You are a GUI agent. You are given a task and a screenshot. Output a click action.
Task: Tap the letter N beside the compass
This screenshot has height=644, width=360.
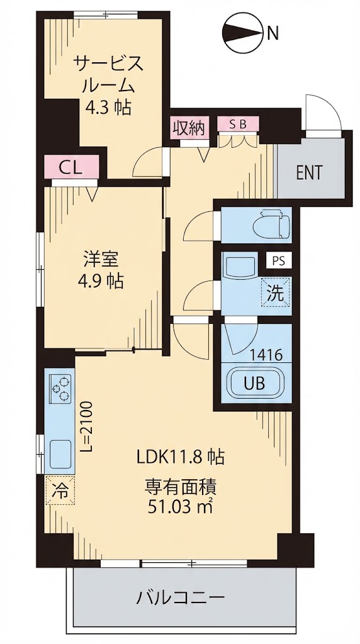pos(273,33)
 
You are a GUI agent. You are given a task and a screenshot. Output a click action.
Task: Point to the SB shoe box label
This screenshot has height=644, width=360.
pos(237,125)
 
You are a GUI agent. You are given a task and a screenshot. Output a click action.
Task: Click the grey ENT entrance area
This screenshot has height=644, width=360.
pos(309,172)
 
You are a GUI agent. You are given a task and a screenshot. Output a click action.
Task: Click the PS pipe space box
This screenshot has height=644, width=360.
pos(278,259)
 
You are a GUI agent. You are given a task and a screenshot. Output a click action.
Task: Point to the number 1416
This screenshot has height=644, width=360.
pos(265,355)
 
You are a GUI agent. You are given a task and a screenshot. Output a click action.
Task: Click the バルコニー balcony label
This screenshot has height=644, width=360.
pos(179,596)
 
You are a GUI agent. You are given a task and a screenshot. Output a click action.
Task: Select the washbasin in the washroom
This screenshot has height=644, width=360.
pos(240,269)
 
